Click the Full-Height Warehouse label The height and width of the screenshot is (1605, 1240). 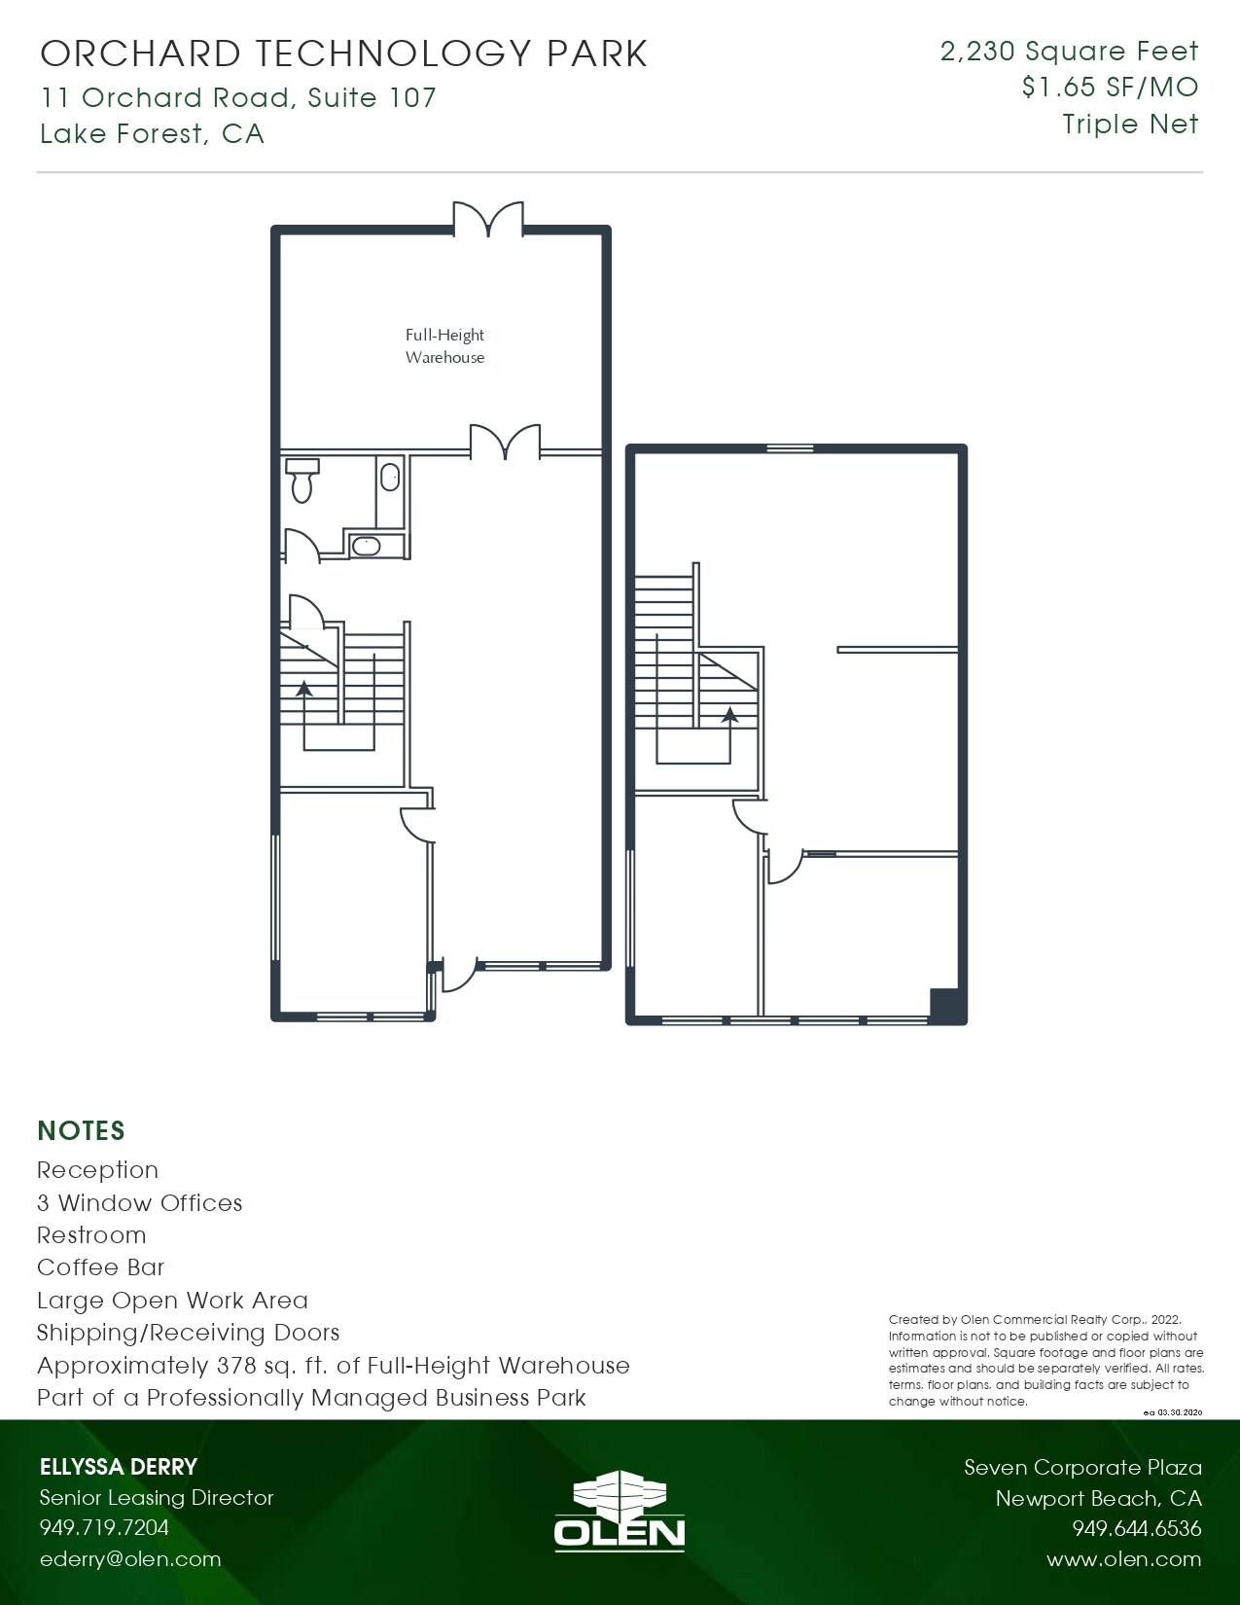pos(444,346)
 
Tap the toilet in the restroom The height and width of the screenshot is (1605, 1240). pos(301,480)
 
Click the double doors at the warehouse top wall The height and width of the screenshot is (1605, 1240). pos(488,220)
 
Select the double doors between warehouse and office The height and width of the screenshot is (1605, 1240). pos(505,442)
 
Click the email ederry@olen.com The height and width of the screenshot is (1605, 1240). pos(130,1559)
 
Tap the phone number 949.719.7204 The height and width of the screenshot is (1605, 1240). pos(104,1527)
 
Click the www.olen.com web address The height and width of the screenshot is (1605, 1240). pos(1123,1559)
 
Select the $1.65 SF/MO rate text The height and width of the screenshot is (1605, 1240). pos(1110,88)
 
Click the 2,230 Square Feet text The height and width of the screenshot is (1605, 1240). pos(1069,52)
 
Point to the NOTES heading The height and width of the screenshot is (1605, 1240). pos(81,1130)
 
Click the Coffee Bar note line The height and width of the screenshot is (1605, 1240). pos(101,1267)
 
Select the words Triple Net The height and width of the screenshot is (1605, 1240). pos(1130,125)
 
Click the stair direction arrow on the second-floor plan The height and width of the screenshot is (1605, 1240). pos(729,714)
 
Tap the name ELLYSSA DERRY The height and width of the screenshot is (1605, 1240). pos(119,1467)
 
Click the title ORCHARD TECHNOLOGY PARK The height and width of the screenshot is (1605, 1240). pos(343,53)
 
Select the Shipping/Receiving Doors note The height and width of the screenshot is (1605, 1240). pos(189,1333)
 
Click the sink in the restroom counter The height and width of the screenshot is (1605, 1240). pos(367,546)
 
